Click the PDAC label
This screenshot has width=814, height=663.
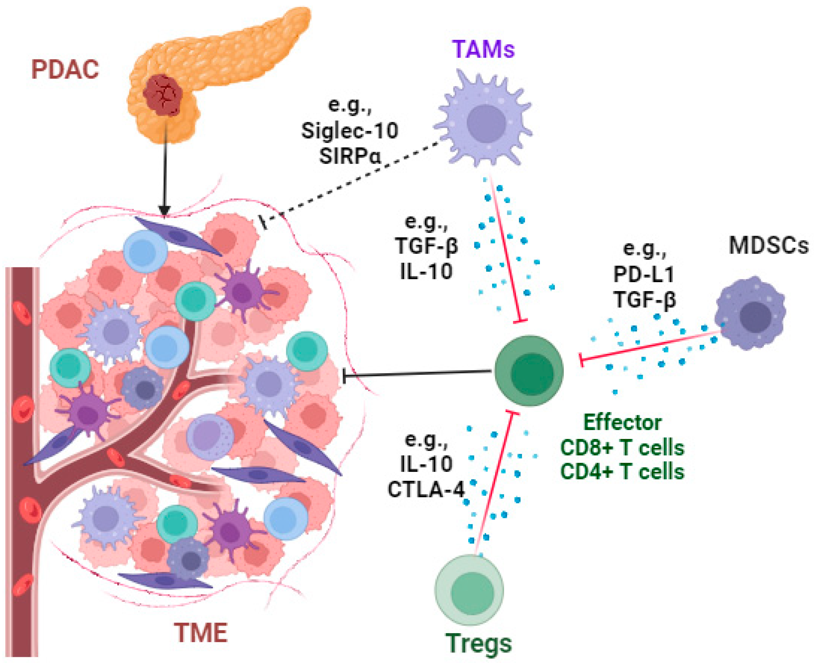pyautogui.click(x=65, y=70)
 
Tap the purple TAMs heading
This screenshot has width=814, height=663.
pyautogui.click(x=483, y=49)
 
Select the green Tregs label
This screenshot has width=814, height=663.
pyautogui.click(x=478, y=643)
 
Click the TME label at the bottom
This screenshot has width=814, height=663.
pyautogui.click(x=201, y=633)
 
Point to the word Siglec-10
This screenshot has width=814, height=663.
pyautogui.click(x=350, y=131)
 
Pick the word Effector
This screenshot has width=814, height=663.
pyautogui.click(x=622, y=423)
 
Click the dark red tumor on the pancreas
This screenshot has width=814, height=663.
pyautogui.click(x=163, y=94)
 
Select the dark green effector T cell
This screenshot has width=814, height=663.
pyautogui.click(x=529, y=370)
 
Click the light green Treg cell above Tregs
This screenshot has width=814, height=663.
pyautogui.click(x=469, y=590)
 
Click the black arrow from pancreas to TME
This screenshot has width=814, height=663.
pyautogui.click(x=165, y=172)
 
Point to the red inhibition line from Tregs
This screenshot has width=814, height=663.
pyautogui.click(x=494, y=485)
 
